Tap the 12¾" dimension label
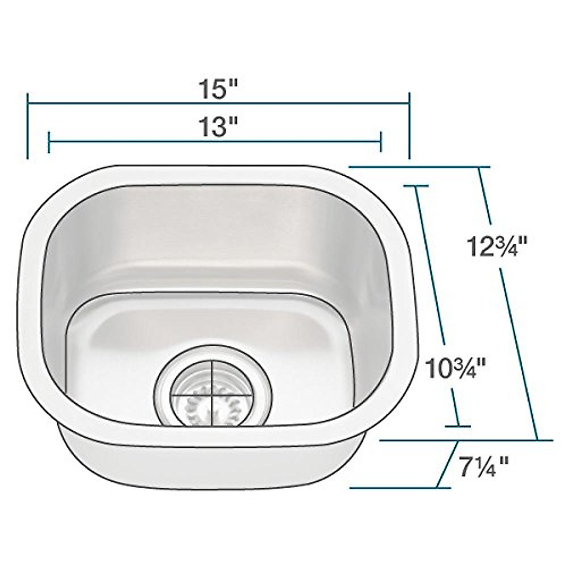tap(498, 246)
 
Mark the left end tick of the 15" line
tap(29, 125)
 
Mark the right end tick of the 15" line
tap(409, 125)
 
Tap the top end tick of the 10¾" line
tap(415, 186)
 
